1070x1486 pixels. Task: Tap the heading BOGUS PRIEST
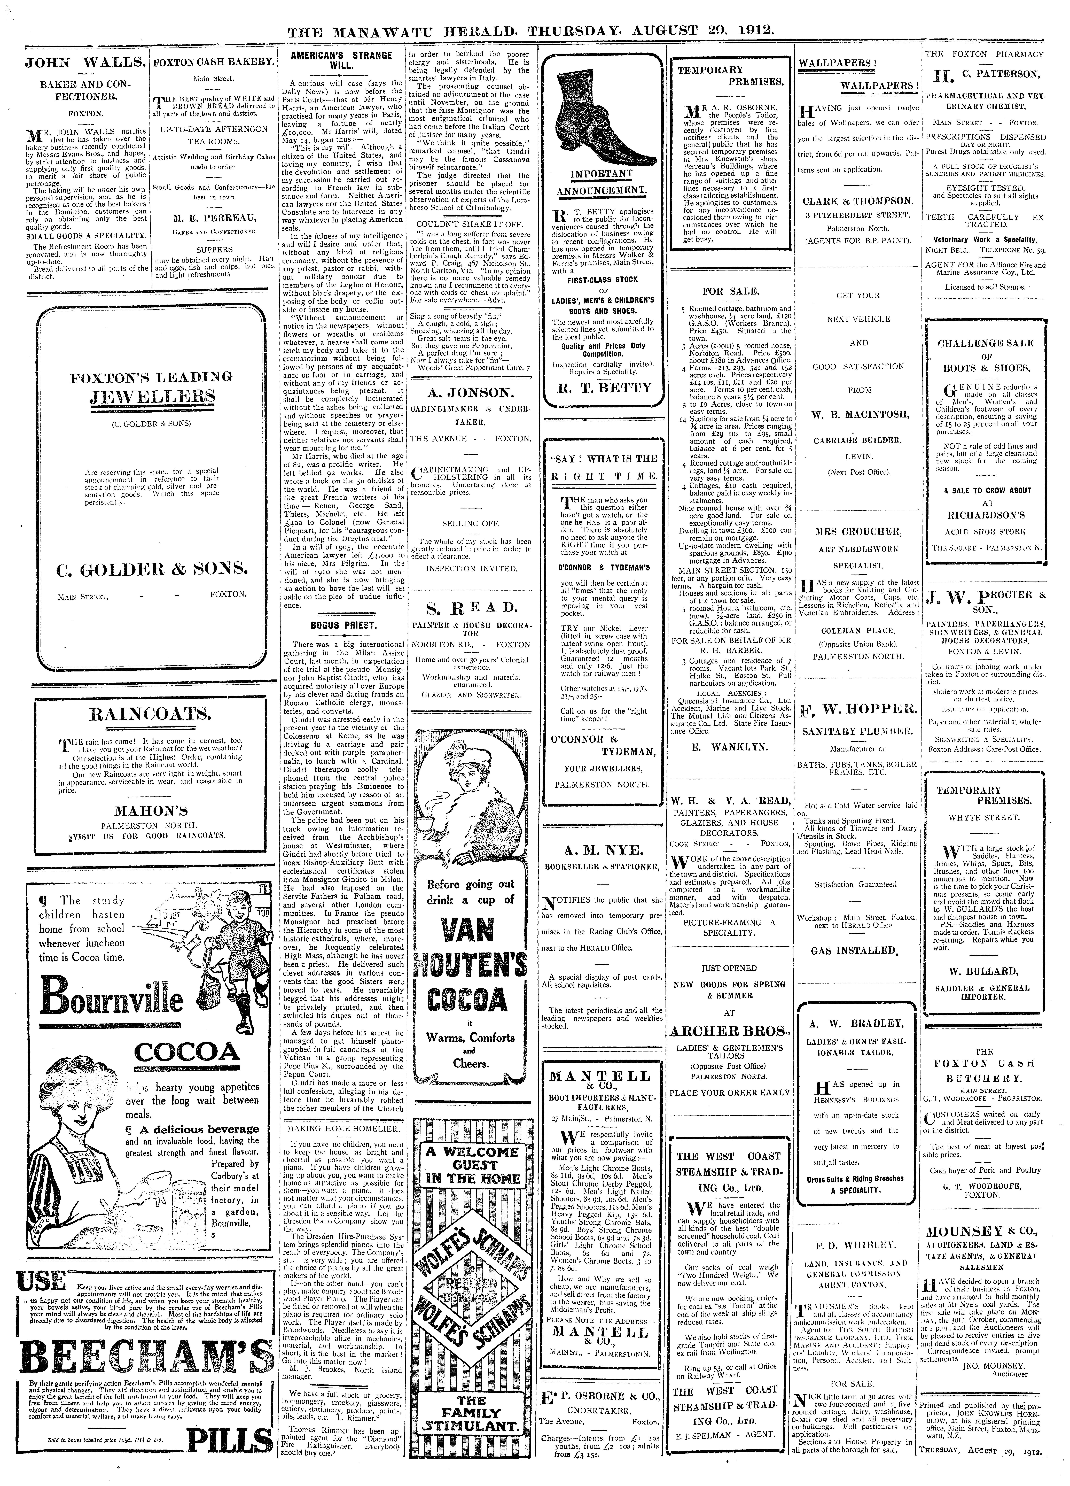tap(343, 626)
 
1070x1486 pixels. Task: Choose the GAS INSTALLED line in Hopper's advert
tap(853, 950)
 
